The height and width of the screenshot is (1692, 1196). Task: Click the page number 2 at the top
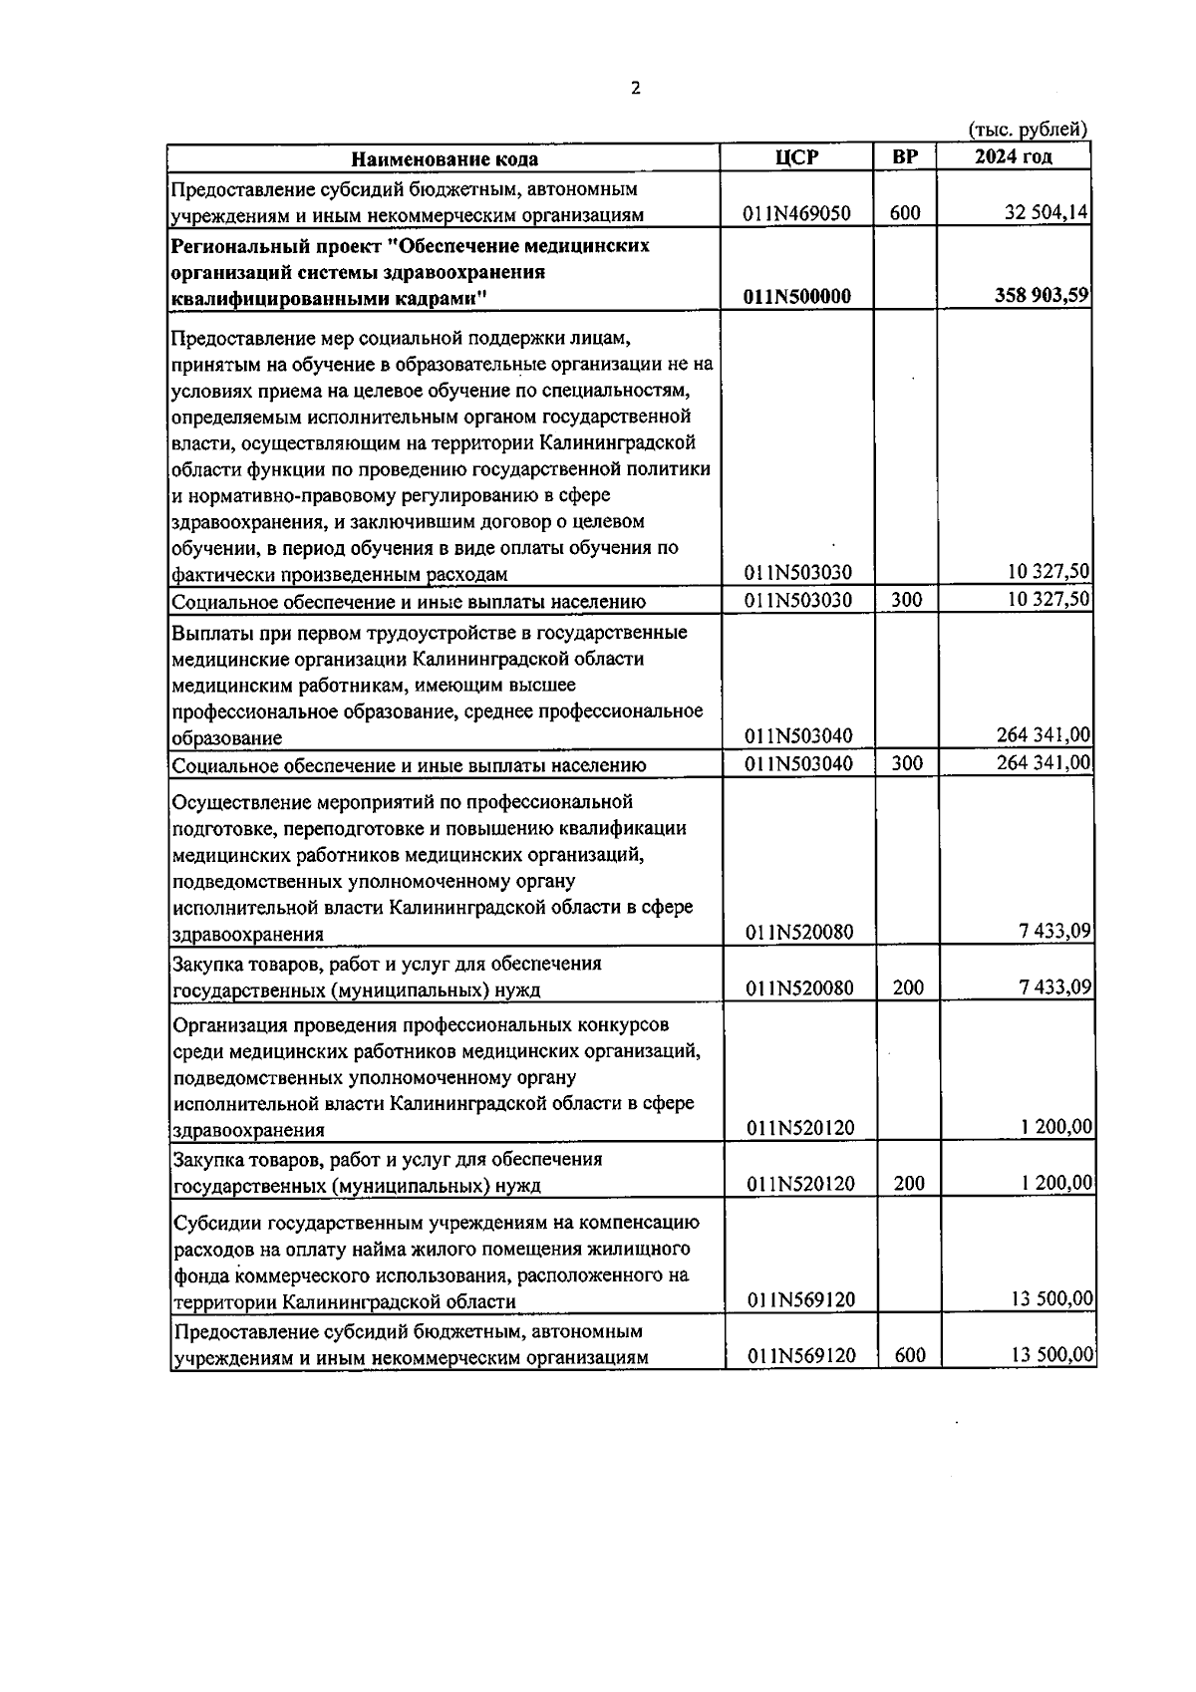(636, 89)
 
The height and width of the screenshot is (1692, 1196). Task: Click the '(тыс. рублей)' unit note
(1028, 130)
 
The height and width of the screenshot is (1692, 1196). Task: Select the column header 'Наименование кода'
(445, 158)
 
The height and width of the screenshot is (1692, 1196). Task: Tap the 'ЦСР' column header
(796, 156)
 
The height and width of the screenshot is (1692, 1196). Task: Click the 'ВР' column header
(905, 156)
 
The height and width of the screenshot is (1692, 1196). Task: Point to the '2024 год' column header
(1013, 156)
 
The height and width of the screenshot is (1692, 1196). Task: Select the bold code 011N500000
(796, 296)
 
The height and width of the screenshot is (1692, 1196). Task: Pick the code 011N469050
(796, 213)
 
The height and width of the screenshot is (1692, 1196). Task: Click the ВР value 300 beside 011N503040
(906, 763)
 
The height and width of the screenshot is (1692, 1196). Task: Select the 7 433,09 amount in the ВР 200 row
(1054, 987)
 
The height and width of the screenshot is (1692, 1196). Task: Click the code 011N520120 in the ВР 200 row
(800, 1183)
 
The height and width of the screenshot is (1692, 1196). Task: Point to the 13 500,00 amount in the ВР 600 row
(1051, 1354)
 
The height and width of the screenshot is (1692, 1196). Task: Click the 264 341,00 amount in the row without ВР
(1043, 735)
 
